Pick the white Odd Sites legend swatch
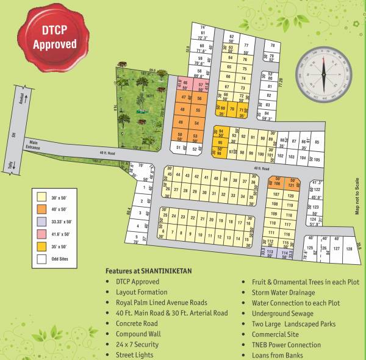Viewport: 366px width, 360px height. pos(41,259)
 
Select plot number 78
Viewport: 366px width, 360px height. pos(273,46)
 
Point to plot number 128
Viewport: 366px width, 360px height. pos(348,249)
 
